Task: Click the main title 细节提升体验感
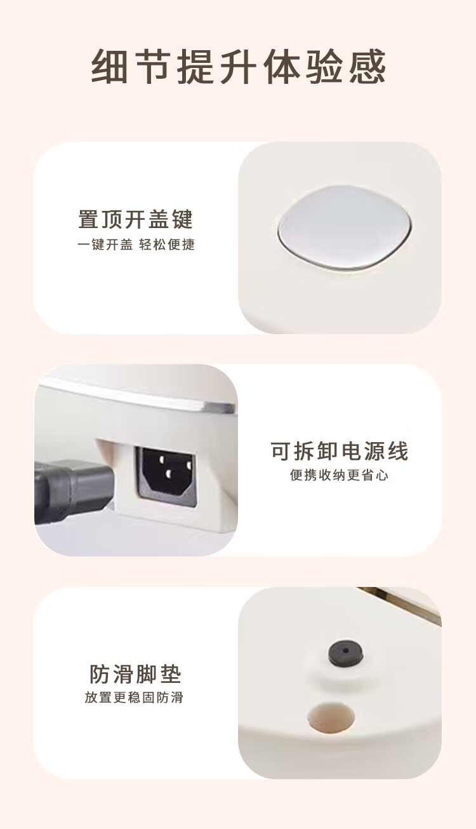tap(239, 67)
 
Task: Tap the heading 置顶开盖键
tap(136, 219)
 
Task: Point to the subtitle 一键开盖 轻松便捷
tap(136, 245)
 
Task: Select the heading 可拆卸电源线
tap(340, 451)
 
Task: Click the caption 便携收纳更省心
tap(339, 475)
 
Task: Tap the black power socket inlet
tap(166, 476)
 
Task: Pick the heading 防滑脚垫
tap(135, 674)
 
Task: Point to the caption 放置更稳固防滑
tap(134, 698)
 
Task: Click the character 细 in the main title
tap(109, 67)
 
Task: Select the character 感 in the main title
tap(368, 67)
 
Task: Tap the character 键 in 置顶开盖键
tap(182, 219)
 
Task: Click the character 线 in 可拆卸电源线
tap(397, 451)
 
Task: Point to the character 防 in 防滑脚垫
tap(100, 674)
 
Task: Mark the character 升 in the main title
tap(239, 67)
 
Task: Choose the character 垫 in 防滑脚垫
tap(171, 674)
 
